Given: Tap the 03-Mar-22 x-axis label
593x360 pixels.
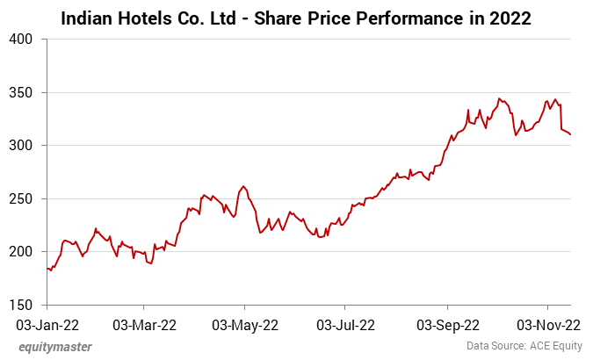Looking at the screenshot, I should point(146,324).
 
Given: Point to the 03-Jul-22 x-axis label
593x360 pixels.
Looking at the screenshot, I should point(346,324).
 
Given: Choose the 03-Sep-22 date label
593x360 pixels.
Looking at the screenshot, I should point(447,324).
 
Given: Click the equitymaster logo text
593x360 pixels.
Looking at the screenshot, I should point(55,347).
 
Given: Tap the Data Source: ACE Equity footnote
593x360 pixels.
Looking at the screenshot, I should point(523,347).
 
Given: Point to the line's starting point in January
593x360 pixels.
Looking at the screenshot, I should point(47,269).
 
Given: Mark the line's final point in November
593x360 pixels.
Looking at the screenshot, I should point(571,134).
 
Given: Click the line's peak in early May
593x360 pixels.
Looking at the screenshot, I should point(243,186).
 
